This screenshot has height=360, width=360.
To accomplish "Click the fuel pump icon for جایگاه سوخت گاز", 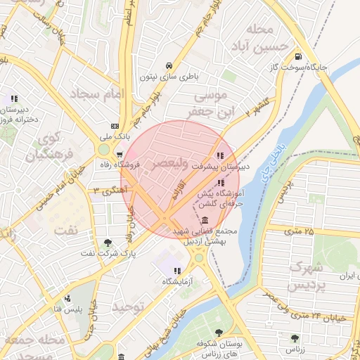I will pos(299,56).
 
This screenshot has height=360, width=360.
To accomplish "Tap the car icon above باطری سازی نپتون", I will pos(167,64).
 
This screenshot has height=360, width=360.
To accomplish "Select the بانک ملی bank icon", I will pos(115,126).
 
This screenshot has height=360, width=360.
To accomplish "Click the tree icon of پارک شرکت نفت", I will pos(108,243).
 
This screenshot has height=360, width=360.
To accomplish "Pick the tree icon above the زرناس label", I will pos(295,338).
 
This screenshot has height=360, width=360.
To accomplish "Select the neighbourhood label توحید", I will pos(127,307).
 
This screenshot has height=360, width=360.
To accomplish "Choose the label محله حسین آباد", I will pos(263,39).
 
